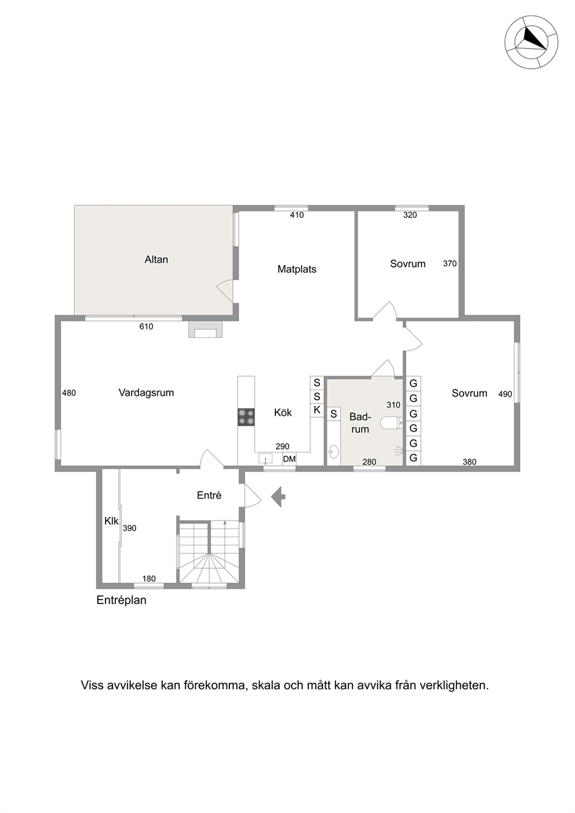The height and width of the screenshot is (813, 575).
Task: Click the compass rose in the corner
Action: coord(531,42)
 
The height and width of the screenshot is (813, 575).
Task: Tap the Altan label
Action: coord(156,260)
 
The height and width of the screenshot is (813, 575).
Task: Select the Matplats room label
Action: coord(297,269)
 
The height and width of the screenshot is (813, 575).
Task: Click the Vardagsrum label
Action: coord(146,392)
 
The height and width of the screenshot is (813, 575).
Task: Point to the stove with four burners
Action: coord(246,417)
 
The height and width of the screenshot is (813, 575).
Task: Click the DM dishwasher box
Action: coord(289,459)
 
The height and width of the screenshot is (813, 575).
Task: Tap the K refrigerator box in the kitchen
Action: coord(317,410)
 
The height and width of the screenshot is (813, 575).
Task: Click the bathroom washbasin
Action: coord(333,452)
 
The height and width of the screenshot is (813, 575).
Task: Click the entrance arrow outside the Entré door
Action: coord(278,497)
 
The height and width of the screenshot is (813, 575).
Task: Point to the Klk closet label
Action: coord(111,521)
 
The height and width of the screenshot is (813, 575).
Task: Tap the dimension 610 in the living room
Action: coord(146,327)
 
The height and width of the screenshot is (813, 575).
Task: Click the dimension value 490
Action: coord(505,394)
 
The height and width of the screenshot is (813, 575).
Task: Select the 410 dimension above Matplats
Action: coord(297,215)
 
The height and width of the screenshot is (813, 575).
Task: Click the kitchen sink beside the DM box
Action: coord(265,459)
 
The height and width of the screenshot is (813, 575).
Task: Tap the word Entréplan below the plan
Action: coord(121,600)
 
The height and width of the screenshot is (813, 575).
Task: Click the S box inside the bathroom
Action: coord(334,414)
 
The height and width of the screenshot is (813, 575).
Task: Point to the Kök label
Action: coord(283,413)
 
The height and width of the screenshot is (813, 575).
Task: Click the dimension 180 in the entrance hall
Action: coord(149,578)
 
